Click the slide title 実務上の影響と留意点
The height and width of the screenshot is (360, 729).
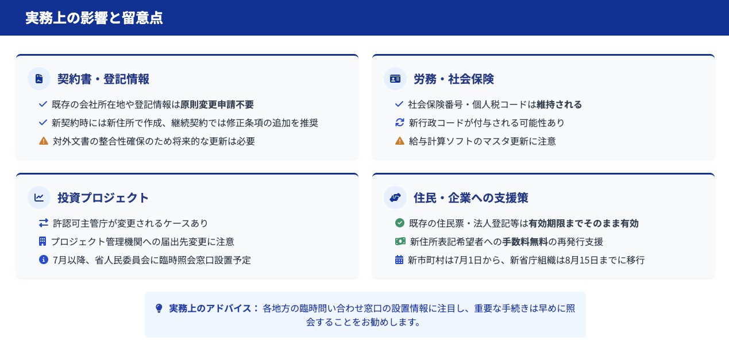pyautogui.click(x=94, y=18)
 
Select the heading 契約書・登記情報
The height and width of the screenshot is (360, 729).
pyautogui.click(x=103, y=79)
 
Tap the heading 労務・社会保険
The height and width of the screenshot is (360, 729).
pyautogui.click(x=454, y=79)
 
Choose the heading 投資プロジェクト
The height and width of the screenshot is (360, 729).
pyautogui.click(x=103, y=198)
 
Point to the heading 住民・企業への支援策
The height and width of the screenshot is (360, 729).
pyautogui.click(x=470, y=198)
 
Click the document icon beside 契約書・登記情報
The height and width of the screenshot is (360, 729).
pyautogui.click(x=39, y=79)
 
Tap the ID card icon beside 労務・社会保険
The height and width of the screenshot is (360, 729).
pyautogui.click(x=395, y=79)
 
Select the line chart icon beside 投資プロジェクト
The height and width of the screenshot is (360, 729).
pyautogui.click(x=39, y=198)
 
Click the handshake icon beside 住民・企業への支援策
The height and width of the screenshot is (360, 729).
pyautogui.click(x=395, y=198)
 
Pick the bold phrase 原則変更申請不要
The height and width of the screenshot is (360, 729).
pyautogui.click(x=217, y=104)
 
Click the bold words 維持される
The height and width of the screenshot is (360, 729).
pyautogui.click(x=559, y=104)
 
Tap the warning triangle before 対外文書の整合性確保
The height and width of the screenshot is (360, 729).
pyautogui.click(x=44, y=141)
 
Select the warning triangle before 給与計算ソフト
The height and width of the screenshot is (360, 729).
pyautogui.click(x=400, y=141)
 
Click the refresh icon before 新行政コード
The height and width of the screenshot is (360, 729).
pyautogui.click(x=400, y=123)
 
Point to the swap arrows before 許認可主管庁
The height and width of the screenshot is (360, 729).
pyautogui.click(x=44, y=223)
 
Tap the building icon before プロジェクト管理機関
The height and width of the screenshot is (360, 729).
pyautogui.click(x=43, y=241)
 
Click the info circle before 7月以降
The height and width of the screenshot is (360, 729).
pyautogui.click(x=44, y=260)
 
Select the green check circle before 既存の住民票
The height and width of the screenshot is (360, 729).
pyautogui.click(x=400, y=223)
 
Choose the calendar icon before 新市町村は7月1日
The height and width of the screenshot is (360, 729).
pyautogui.click(x=399, y=260)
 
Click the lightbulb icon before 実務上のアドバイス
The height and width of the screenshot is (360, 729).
pyautogui.click(x=159, y=308)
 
